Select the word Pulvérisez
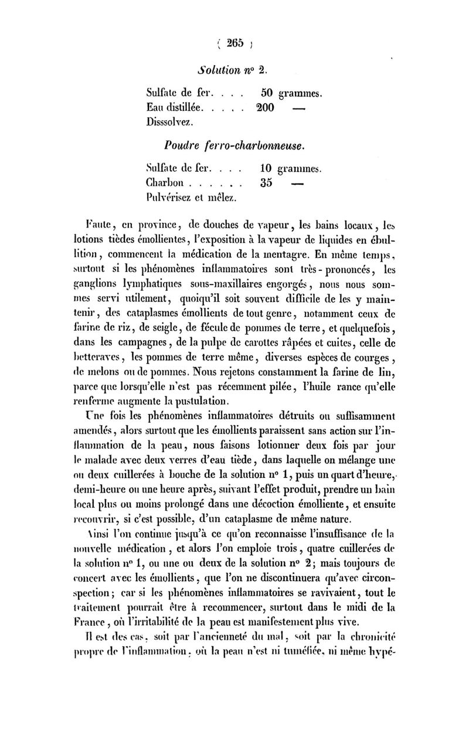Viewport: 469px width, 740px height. coord(168,198)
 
